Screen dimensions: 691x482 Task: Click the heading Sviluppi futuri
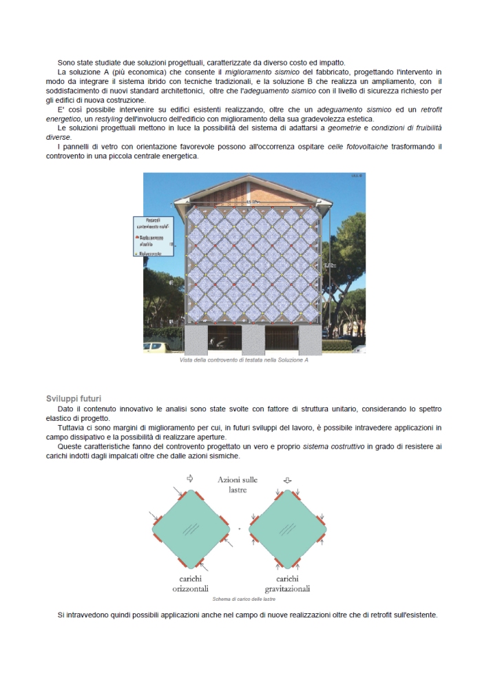[74, 398]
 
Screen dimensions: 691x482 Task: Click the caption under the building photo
[244, 360]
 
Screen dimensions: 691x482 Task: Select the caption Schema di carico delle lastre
[244, 599]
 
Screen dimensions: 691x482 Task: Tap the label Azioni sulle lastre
[238, 484]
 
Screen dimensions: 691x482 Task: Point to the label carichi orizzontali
[190, 584]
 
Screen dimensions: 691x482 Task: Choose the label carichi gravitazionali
[287, 584]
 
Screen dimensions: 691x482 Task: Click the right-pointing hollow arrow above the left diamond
[190, 478]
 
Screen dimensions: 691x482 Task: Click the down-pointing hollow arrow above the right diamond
[288, 479]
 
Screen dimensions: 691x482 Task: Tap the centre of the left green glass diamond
[190, 528]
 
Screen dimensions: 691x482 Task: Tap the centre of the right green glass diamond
[288, 528]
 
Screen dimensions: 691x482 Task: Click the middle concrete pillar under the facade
[253, 340]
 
